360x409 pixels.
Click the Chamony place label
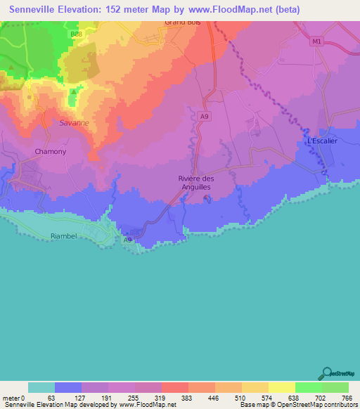click(x=50, y=152)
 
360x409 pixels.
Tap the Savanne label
click(x=74, y=122)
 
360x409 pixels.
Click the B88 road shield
click(x=75, y=34)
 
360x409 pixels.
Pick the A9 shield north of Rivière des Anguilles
click(x=204, y=117)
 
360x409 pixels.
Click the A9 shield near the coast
click(x=127, y=240)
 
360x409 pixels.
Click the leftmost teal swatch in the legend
click(x=41, y=387)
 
